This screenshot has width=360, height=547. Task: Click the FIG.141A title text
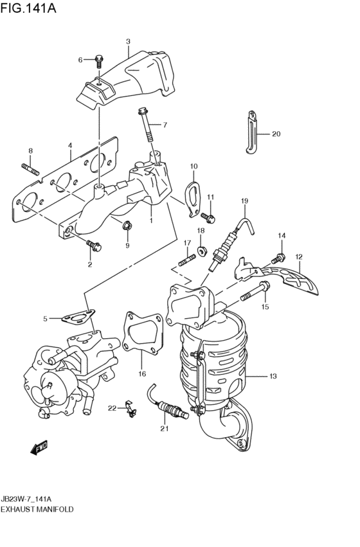pyautogui.click(x=28, y=8)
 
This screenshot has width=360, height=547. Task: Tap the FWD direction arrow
pyautogui.click(x=39, y=448)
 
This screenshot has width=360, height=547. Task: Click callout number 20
pyautogui.click(x=276, y=134)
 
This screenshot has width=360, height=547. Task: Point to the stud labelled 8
pyautogui.click(x=32, y=169)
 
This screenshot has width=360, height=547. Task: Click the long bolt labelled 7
pyautogui.click(x=146, y=125)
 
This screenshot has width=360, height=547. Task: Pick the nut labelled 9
pyautogui.click(x=127, y=226)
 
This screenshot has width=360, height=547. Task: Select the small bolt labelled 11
pyautogui.click(x=208, y=219)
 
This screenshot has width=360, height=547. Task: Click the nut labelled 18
pyautogui.click(x=201, y=251)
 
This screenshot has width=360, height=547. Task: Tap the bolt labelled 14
pyautogui.click(x=279, y=258)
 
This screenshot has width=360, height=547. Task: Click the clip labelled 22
pyautogui.click(x=130, y=409)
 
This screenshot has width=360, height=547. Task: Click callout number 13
pyautogui.click(x=273, y=376)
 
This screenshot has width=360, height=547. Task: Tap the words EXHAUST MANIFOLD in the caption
pyautogui.click(x=37, y=509)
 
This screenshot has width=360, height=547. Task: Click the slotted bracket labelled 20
pyautogui.click(x=252, y=132)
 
